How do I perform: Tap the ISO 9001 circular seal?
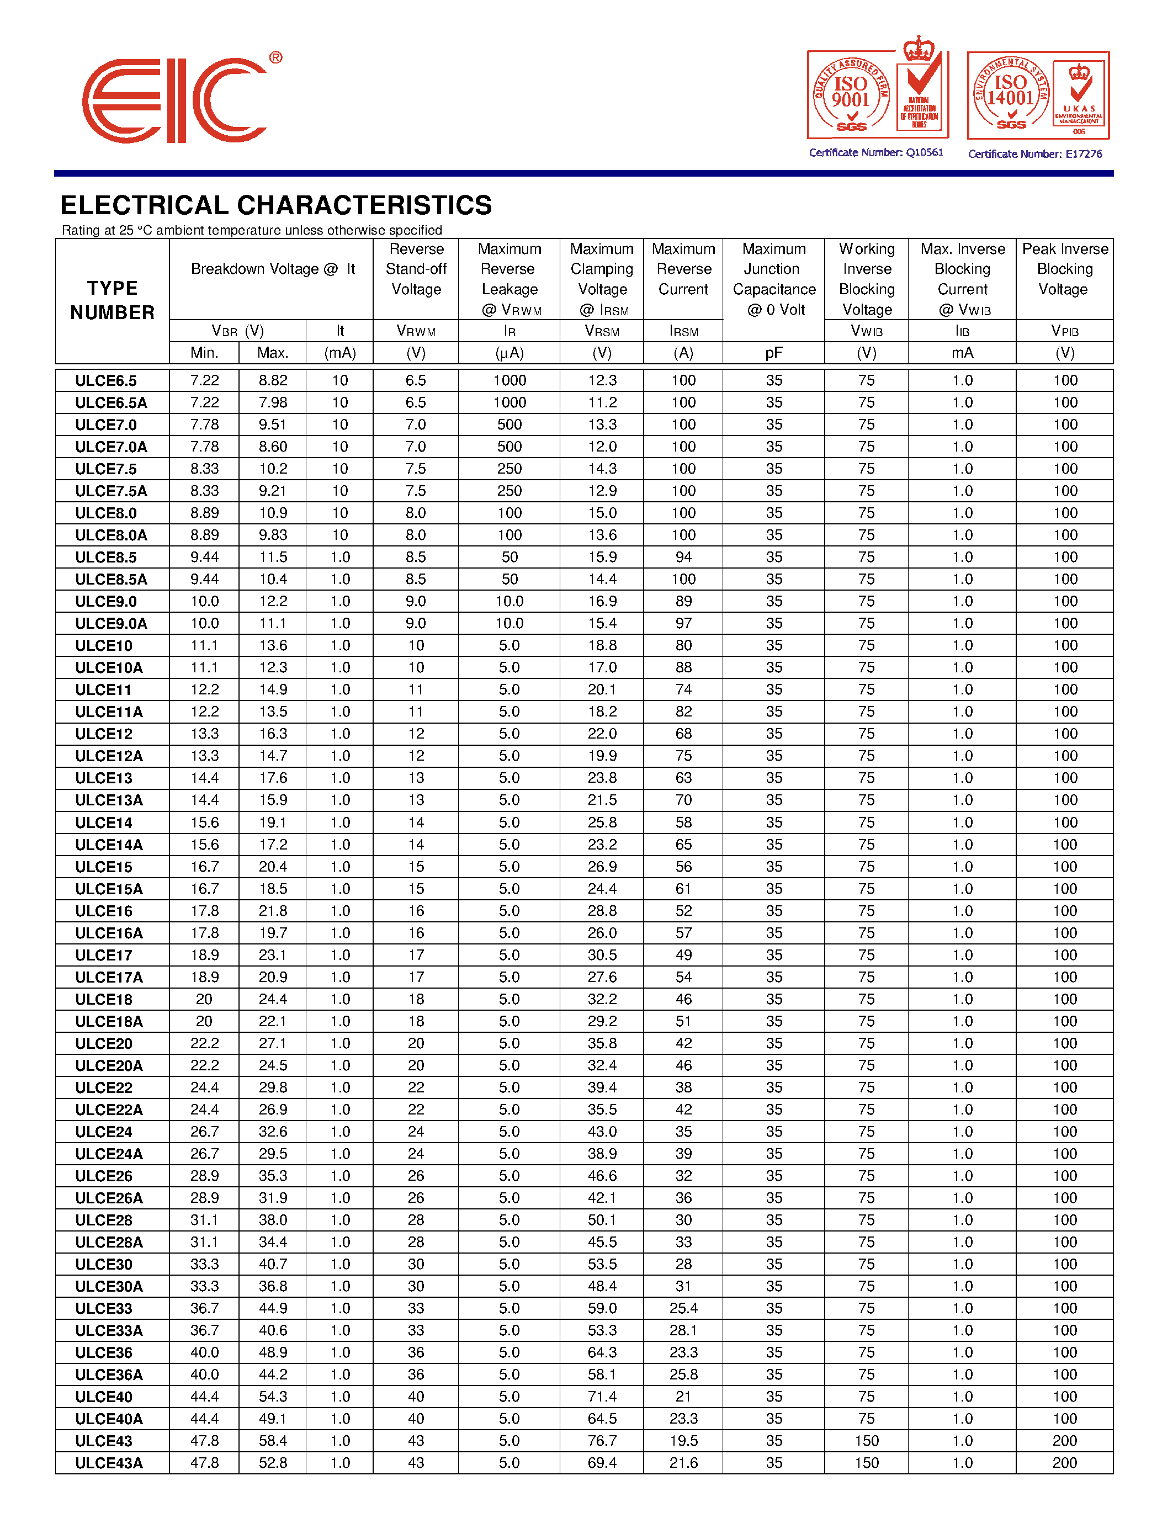pyautogui.click(x=851, y=96)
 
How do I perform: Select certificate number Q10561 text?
pyautogui.click(x=875, y=152)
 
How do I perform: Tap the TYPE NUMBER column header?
pyautogui.click(x=112, y=300)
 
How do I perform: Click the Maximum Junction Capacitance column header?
pyautogui.click(x=773, y=279)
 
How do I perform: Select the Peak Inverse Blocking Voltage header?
pyautogui.click(x=1065, y=269)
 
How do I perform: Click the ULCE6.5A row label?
pyautogui.click(x=111, y=402)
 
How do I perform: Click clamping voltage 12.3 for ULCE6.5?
pyautogui.click(x=602, y=380)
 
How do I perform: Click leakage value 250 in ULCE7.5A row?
pyautogui.click(x=509, y=491)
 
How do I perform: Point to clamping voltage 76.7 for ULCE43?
pyautogui.click(x=602, y=1441)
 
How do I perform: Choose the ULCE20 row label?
pyautogui.click(x=104, y=1043)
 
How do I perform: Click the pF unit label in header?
pyautogui.click(x=773, y=353)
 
